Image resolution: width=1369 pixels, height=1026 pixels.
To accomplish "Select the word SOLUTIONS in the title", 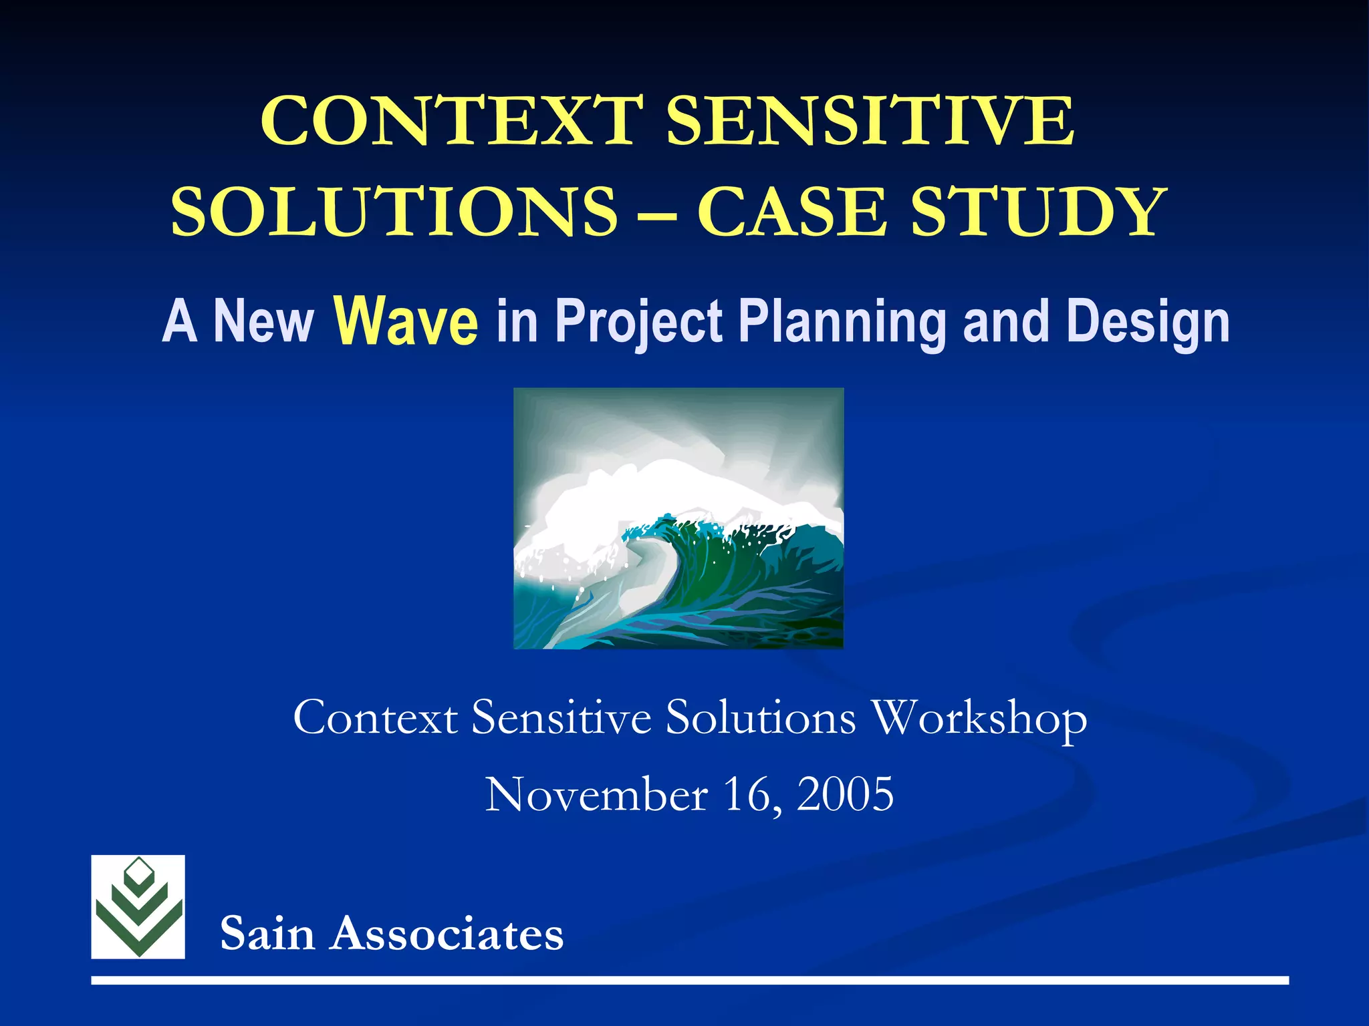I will (394, 212).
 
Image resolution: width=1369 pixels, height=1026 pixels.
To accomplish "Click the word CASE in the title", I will (792, 212).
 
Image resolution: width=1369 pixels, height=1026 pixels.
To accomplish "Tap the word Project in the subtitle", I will (639, 322).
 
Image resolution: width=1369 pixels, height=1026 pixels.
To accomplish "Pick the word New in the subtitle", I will (263, 322).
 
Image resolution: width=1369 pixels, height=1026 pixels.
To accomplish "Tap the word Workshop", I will (980, 719).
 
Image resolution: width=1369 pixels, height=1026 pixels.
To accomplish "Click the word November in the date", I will (596, 795).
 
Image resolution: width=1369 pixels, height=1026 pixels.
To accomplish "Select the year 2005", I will (845, 795).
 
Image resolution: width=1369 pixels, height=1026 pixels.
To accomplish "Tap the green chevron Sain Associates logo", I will (138, 906).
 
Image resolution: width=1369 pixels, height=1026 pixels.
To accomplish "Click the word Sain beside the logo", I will (267, 933).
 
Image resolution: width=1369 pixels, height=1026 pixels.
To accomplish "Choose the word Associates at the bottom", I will (448, 933).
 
